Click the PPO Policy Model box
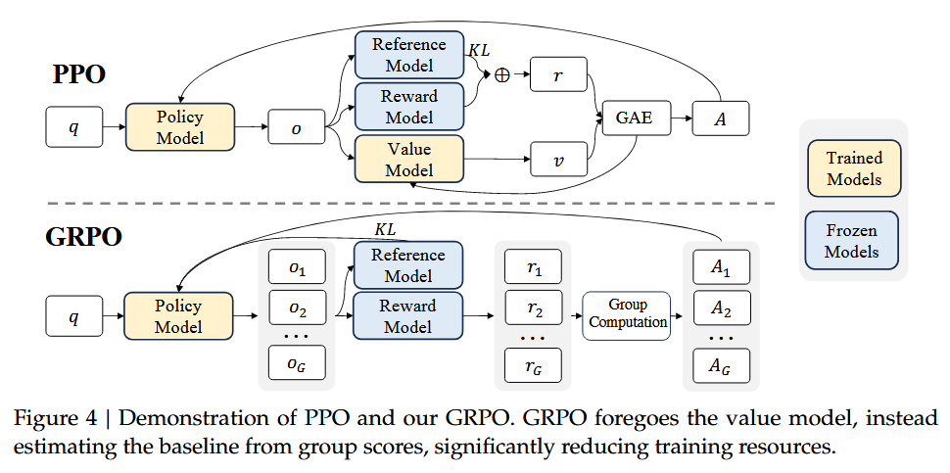pos(180,126)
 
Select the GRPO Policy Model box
pos(179,316)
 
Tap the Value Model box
pos(408,159)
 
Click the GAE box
pos(634,119)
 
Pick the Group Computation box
pos(627,314)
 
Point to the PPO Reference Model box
pos(408,55)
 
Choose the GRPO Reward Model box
pos(408,315)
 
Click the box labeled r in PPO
pos(558,74)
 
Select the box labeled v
pos(558,160)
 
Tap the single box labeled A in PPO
pos(720,119)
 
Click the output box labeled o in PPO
pos(296,127)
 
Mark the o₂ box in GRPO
pos(296,311)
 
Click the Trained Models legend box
pos(854,168)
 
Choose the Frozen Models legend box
pos(854,241)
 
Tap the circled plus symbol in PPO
pos(502,75)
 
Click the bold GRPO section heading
pos(85,237)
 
